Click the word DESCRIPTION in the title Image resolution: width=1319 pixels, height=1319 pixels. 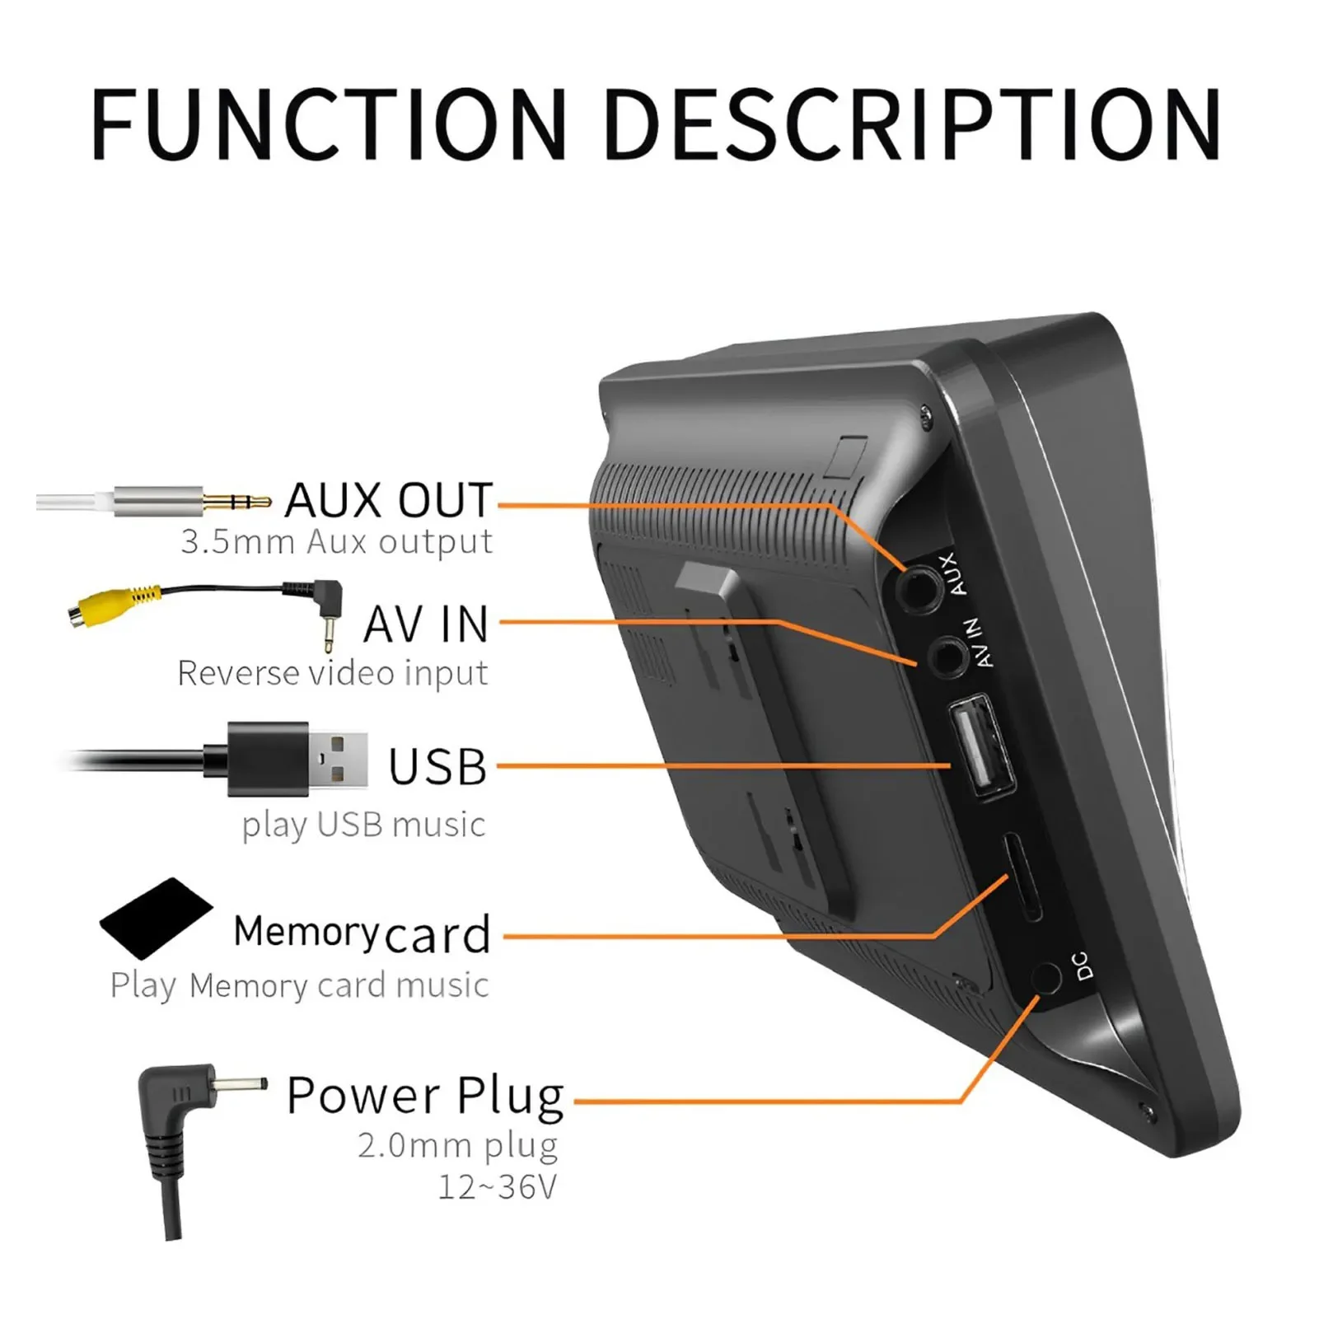(x=913, y=124)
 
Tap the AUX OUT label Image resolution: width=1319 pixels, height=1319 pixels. (x=389, y=500)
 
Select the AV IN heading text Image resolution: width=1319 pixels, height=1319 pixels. (x=427, y=624)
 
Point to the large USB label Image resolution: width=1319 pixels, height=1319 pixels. (x=437, y=767)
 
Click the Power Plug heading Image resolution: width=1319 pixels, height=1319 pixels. (x=425, y=1096)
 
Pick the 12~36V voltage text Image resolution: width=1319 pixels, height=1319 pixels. (x=498, y=1187)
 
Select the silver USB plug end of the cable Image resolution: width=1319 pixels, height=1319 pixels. (x=338, y=759)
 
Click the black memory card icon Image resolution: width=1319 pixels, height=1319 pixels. (x=156, y=918)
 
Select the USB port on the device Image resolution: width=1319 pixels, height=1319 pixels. (x=980, y=746)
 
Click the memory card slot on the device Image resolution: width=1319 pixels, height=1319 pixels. (x=1022, y=877)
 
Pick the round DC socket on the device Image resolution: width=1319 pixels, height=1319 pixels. (x=1046, y=979)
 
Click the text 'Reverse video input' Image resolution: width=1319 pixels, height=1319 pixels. (x=333, y=673)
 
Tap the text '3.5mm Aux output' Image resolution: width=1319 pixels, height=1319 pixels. (x=336, y=542)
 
